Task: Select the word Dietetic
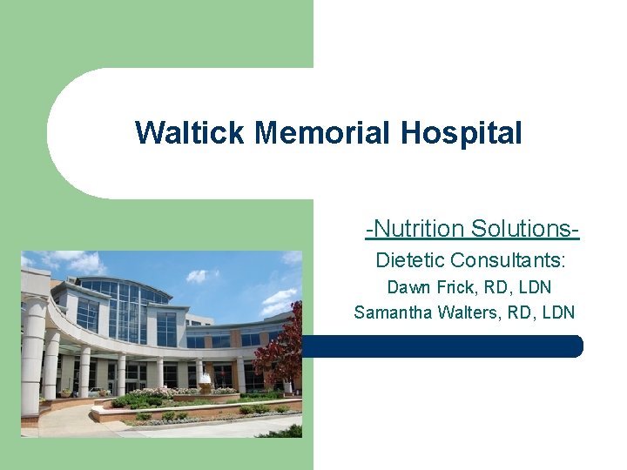(x=410, y=259)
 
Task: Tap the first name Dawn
(x=407, y=286)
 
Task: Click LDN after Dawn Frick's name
(x=533, y=286)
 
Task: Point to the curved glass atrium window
(x=122, y=309)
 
